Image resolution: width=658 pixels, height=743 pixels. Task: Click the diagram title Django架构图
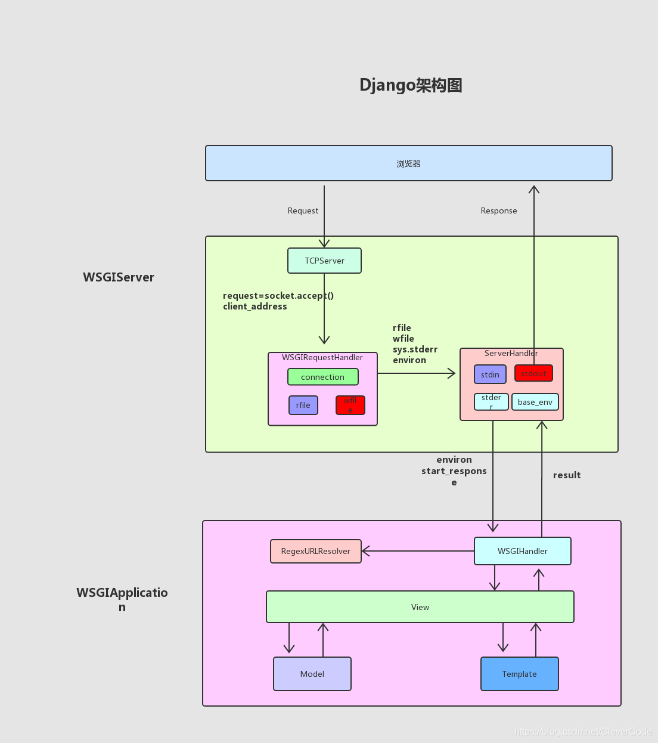[411, 85]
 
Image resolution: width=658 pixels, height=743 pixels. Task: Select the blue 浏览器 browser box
[408, 163]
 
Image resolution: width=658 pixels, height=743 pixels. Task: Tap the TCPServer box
[324, 261]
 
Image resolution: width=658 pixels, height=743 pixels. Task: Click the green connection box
[322, 377]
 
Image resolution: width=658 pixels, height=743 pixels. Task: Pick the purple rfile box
[303, 405]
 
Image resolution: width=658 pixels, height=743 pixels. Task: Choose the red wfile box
[350, 405]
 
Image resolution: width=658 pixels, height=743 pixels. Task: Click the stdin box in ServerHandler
[490, 374]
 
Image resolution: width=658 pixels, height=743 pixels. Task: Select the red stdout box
[533, 373]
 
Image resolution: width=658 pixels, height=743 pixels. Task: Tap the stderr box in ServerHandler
[491, 402]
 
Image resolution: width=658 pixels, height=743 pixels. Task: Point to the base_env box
[535, 402]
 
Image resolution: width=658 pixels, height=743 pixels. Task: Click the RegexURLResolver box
[315, 551]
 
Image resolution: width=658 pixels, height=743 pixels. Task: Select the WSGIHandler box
[522, 551]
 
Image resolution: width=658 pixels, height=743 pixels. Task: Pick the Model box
[312, 674]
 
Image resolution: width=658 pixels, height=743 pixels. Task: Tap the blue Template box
[519, 674]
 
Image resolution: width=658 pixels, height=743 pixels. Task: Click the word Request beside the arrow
[303, 210]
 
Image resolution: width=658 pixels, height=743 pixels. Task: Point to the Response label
[499, 210]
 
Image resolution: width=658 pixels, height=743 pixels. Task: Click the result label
[566, 475]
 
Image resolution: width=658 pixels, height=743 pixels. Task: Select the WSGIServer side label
[119, 277]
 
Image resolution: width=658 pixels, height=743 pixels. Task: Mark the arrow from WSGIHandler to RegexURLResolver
[417, 551]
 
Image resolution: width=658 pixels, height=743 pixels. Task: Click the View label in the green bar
[420, 607]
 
